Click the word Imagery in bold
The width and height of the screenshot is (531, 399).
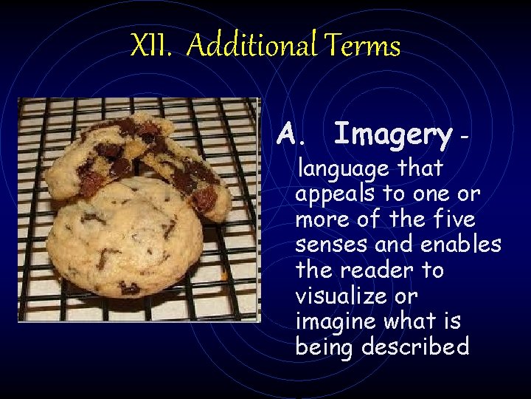click(x=392, y=135)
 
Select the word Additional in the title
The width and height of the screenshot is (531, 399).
click(x=251, y=47)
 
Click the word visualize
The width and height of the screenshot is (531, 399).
click(x=338, y=296)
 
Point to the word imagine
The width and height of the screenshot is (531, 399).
click(x=336, y=321)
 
